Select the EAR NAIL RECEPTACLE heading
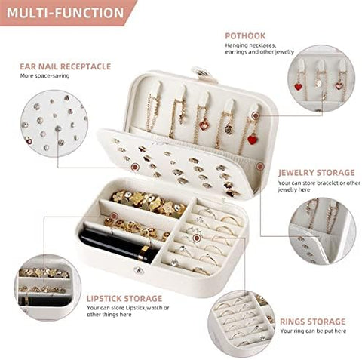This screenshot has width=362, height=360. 65,66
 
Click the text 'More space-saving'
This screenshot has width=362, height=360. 46,76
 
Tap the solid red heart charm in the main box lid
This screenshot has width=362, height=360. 251,139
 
